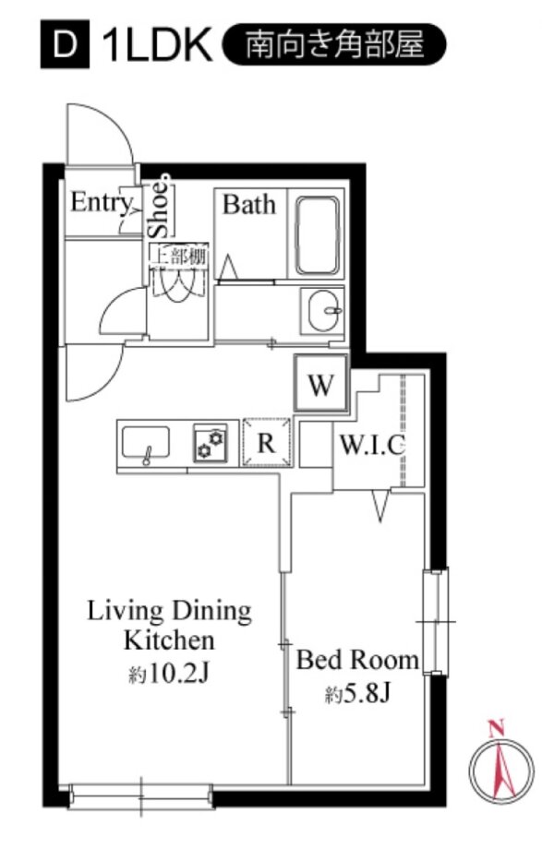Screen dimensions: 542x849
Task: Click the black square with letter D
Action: point(65,44)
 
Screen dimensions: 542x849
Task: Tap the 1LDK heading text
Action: point(157,45)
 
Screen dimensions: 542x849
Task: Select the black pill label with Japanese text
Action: point(334,44)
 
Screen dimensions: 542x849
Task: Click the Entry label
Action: point(102,203)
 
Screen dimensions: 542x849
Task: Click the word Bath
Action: point(248,205)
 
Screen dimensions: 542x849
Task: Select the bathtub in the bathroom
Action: point(318,234)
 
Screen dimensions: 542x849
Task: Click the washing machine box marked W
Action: point(321,383)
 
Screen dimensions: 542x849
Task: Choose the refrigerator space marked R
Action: point(266,442)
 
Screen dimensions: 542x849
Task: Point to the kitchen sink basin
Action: point(146,443)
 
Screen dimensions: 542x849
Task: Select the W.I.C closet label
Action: point(372,446)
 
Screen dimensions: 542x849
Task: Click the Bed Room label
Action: point(357,660)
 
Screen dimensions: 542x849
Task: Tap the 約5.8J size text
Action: point(357,693)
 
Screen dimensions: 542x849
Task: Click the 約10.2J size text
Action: point(169,674)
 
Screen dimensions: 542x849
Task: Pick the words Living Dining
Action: point(170,611)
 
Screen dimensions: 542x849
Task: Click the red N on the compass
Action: point(496,728)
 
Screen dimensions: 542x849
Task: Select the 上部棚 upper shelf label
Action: point(178,257)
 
